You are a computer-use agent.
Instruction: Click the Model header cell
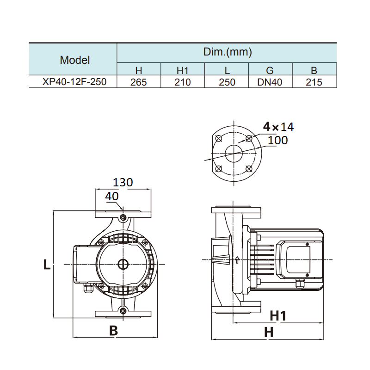coord(75,60)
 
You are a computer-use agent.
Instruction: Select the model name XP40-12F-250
coord(74,82)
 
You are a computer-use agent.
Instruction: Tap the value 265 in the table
coord(138,82)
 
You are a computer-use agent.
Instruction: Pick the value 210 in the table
coord(183,82)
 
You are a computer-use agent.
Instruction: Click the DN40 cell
coord(270,82)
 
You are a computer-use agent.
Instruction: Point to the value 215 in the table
coord(314,82)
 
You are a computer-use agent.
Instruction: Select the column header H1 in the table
coord(183,71)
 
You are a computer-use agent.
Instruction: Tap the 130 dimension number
coord(123,182)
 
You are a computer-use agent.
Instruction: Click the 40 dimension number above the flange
coord(111,196)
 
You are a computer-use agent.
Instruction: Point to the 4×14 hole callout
coord(278,126)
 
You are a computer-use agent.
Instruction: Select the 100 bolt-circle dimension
coord(277,140)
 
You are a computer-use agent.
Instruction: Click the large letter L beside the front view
coord(47,265)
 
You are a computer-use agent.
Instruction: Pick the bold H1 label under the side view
coord(278,316)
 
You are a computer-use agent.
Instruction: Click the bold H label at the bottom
coord(269,332)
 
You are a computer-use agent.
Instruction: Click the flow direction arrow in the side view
coord(237,260)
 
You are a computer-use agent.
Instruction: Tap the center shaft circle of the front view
coord(123,265)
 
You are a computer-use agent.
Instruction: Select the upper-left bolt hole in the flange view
coord(219,138)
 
